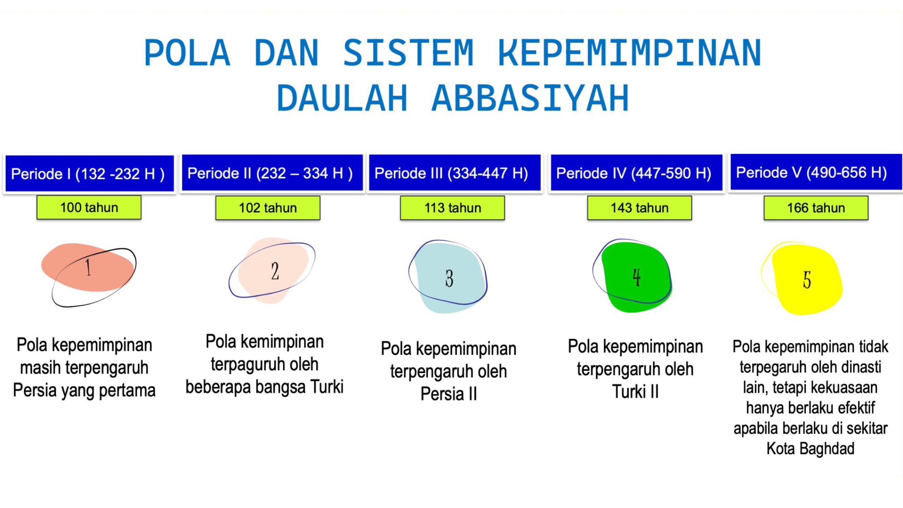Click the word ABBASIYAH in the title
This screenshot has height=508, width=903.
pyautogui.click(x=530, y=98)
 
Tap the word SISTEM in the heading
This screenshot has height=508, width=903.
pyautogui.click(x=408, y=53)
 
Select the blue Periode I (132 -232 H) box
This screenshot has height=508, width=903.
pyautogui.click(x=89, y=174)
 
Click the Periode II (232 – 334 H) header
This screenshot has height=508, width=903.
pyautogui.click(x=272, y=173)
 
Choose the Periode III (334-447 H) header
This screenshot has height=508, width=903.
pyautogui.click(x=454, y=173)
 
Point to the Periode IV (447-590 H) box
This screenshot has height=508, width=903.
pyautogui.click(x=636, y=173)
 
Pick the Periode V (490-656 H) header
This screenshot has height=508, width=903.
pyautogui.click(x=816, y=172)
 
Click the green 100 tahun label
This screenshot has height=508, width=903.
pyautogui.click(x=89, y=207)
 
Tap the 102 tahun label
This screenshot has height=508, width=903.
pyautogui.click(x=268, y=208)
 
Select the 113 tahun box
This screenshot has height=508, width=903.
pyautogui.click(x=452, y=208)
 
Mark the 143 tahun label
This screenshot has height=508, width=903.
pyautogui.click(x=640, y=208)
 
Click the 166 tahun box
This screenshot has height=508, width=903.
pyautogui.click(x=816, y=208)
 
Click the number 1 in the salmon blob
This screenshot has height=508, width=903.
pyautogui.click(x=88, y=268)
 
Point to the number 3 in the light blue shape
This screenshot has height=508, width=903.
pyautogui.click(x=449, y=278)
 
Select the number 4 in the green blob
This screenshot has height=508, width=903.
pyautogui.click(x=636, y=277)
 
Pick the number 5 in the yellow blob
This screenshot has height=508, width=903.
pyautogui.click(x=807, y=280)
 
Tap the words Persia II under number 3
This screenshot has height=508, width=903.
pyautogui.click(x=449, y=393)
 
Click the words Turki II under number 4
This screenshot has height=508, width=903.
pyautogui.click(x=635, y=392)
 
